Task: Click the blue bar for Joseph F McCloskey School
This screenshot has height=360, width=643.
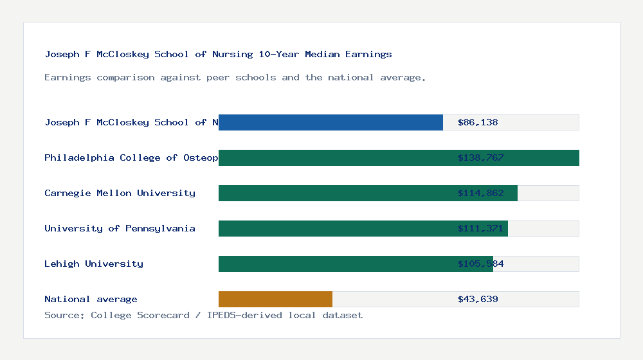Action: [331, 122]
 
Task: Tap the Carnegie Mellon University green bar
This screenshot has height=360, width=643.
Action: [334, 193]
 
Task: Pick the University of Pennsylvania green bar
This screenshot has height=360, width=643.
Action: [334, 228]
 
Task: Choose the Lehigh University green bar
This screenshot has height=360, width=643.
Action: [334, 264]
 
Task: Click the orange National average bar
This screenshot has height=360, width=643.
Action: [275, 299]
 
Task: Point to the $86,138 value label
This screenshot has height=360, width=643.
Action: [478, 122]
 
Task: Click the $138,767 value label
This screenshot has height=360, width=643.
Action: [480, 157]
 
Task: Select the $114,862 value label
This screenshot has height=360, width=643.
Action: [480, 193]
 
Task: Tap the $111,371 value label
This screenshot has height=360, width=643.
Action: [480, 228]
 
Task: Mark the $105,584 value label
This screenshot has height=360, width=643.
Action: [480, 264]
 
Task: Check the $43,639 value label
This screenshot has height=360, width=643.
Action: [478, 299]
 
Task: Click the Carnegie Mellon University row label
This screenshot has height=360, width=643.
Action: [120, 193]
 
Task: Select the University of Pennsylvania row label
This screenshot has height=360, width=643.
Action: [120, 228]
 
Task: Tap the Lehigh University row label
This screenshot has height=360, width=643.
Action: [94, 264]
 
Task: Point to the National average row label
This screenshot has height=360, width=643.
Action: [91, 299]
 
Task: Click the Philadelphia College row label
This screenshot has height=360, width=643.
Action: [131, 157]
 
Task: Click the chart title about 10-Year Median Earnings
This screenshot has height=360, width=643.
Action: [218, 54]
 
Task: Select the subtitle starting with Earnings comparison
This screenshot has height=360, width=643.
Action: [235, 77]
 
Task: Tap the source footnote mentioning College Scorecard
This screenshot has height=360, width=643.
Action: [203, 315]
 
